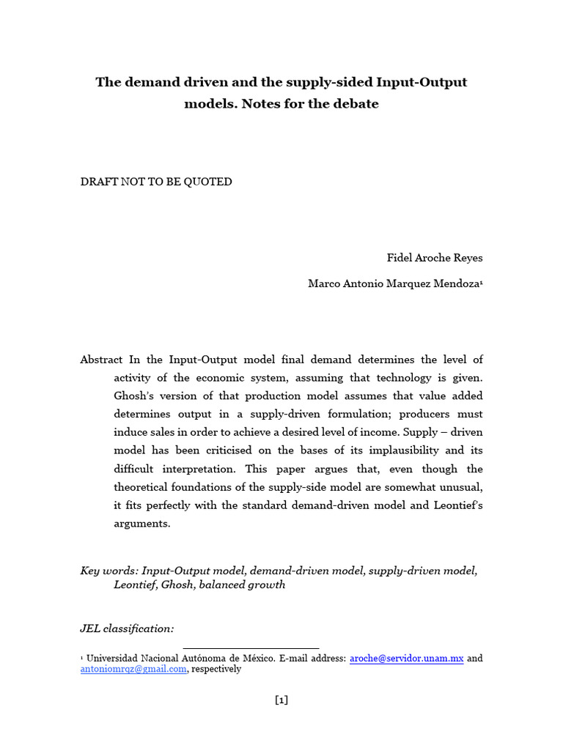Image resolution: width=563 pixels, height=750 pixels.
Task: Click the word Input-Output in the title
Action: pyautogui.click(x=423, y=82)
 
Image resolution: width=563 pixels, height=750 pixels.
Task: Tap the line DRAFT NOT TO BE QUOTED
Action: pyautogui.click(x=156, y=182)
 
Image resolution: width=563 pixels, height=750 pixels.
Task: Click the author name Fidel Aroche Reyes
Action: pyautogui.click(x=435, y=259)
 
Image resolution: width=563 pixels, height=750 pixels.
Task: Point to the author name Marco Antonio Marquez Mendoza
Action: pyautogui.click(x=394, y=284)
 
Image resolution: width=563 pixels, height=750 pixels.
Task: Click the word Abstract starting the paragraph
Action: pyautogui.click(x=102, y=360)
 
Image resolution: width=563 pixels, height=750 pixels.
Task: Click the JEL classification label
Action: pyautogui.click(x=128, y=628)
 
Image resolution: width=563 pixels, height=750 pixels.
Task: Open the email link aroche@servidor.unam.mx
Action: pyautogui.click(x=406, y=658)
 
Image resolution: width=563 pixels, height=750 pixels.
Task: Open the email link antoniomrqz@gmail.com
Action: pyautogui.click(x=133, y=669)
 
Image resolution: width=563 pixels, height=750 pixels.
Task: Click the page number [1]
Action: pyautogui.click(x=281, y=700)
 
